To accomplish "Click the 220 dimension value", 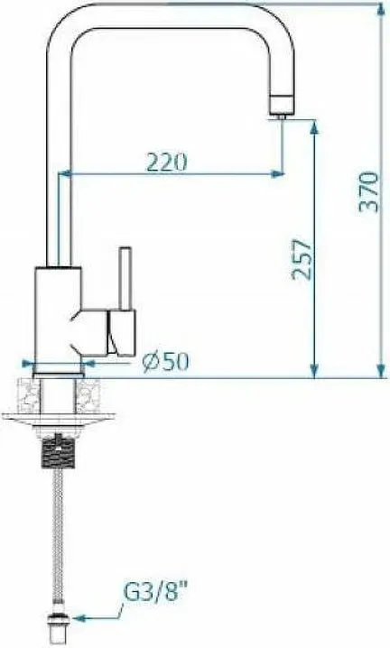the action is [167, 162].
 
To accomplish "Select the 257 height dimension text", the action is [302, 260].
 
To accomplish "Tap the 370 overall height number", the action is [368, 192].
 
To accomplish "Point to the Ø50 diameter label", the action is [165, 362].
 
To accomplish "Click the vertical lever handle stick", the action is [125, 278].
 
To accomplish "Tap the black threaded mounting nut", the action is [59, 451].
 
